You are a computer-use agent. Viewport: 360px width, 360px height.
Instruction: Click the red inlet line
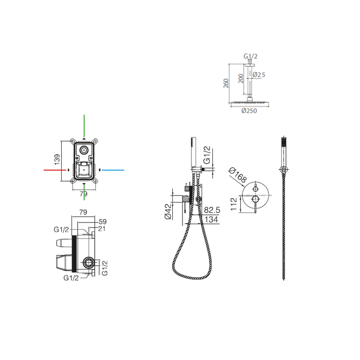click(x=55, y=170)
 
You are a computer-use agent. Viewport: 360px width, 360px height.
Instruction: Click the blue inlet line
click(x=113, y=170)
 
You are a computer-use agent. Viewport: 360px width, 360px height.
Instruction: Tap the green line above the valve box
click(x=84, y=125)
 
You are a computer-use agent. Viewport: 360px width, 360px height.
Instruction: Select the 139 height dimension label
click(x=57, y=159)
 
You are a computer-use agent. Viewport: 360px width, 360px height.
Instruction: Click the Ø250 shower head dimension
click(x=249, y=111)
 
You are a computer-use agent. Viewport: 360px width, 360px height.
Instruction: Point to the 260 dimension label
click(x=226, y=83)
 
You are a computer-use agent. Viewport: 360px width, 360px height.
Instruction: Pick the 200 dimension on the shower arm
click(x=241, y=79)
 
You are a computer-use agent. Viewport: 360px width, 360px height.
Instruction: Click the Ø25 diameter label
click(x=259, y=75)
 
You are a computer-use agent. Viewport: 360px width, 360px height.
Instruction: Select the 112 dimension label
click(x=233, y=204)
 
